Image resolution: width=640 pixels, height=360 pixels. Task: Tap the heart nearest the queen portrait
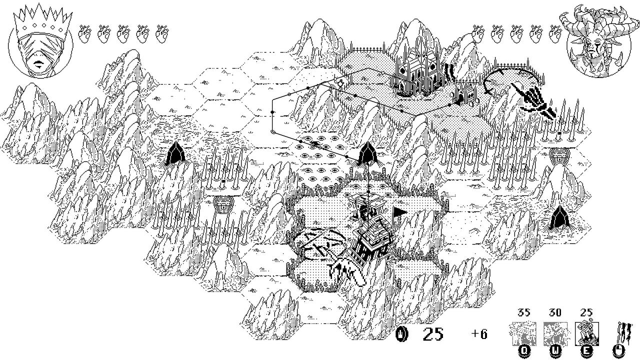coord(85,33)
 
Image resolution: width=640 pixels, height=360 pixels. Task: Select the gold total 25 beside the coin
coord(433,333)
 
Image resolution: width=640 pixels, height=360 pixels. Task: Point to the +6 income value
coord(479,333)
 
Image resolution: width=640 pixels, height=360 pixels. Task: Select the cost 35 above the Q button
coord(523,313)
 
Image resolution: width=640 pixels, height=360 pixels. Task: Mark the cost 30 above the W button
coord(554,313)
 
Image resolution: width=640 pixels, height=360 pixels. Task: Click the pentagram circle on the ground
coord(320,245)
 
